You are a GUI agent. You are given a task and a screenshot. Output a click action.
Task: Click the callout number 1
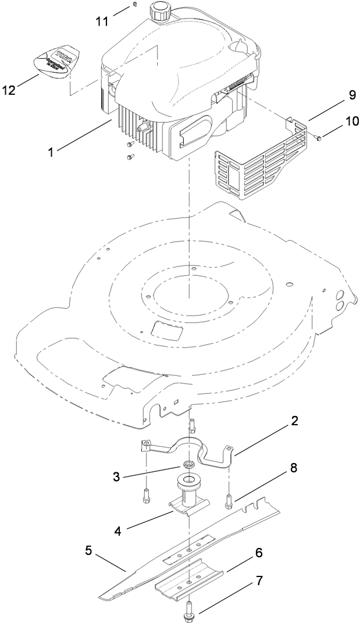tap(52, 152)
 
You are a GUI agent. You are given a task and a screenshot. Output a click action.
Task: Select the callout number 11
tap(102, 22)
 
